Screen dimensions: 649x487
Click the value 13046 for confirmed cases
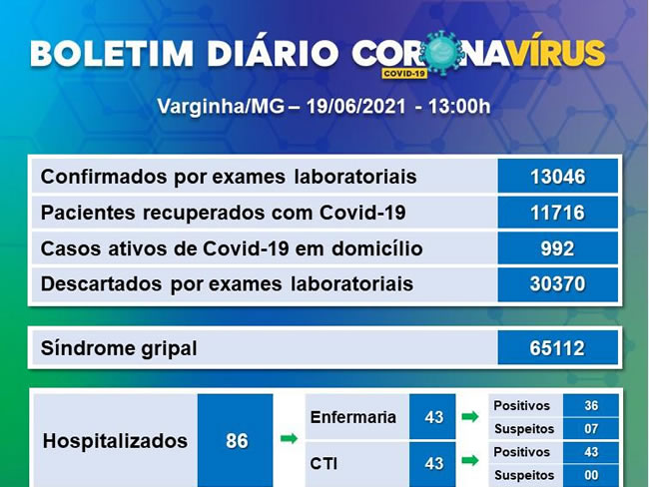pyautogui.click(x=557, y=177)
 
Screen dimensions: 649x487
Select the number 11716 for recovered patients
pyautogui.click(x=557, y=213)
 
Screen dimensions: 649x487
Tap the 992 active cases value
pyautogui.click(x=557, y=248)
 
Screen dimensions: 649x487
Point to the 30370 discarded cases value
pyautogui.click(x=557, y=284)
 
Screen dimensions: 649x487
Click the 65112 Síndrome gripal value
pyautogui.click(x=557, y=348)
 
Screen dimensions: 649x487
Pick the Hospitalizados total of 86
pyautogui.click(x=237, y=441)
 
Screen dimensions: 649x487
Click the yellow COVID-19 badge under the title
pyautogui.click(x=404, y=74)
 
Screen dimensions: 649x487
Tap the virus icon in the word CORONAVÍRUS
pyautogui.click(x=442, y=53)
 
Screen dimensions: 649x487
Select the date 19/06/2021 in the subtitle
pyautogui.click(x=356, y=107)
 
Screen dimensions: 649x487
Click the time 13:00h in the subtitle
pyautogui.click(x=459, y=107)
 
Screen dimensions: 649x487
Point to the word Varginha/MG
pyautogui.click(x=221, y=107)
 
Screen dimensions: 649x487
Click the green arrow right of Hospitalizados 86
pyautogui.click(x=289, y=438)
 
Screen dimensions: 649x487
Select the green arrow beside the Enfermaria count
pyautogui.click(x=470, y=416)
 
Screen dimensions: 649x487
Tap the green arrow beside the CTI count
pyautogui.click(x=470, y=460)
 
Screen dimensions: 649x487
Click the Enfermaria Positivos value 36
pyautogui.click(x=591, y=405)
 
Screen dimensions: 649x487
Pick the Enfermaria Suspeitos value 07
pyautogui.click(x=591, y=429)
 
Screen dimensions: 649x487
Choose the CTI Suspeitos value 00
pyautogui.click(x=591, y=475)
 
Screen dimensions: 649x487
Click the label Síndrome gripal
pyautogui.click(x=119, y=348)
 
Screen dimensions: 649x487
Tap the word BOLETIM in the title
pyautogui.click(x=112, y=53)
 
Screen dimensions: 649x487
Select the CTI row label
pyautogui.click(x=324, y=463)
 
